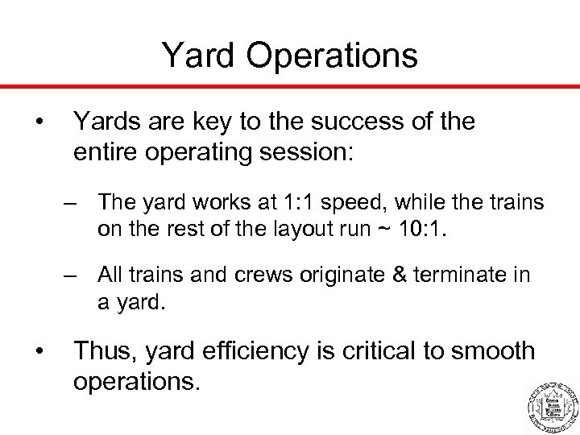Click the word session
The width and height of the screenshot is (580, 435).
[315, 152]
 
